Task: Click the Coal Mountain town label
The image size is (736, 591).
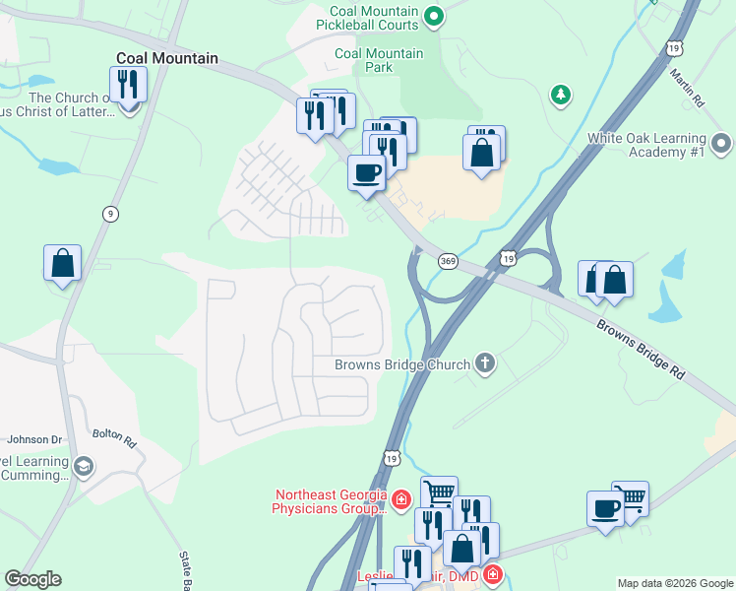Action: tap(166, 58)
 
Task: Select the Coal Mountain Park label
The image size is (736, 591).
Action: tap(379, 60)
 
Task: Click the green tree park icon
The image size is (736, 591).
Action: tap(560, 94)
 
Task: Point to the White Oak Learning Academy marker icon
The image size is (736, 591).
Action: tap(721, 145)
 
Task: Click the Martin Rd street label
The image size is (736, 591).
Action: tap(687, 86)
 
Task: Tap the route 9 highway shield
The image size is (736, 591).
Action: tap(111, 213)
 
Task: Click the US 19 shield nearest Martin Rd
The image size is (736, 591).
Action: tap(673, 46)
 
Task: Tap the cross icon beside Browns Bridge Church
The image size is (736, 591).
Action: tap(483, 364)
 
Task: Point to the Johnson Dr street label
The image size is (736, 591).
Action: tap(34, 439)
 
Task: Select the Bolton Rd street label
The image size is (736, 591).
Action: tap(113, 435)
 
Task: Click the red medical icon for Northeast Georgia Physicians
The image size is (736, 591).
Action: tap(400, 501)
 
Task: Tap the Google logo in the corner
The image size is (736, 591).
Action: tap(32, 579)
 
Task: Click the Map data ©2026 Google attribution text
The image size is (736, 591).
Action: tap(675, 583)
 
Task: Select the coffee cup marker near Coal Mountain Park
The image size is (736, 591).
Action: tap(366, 173)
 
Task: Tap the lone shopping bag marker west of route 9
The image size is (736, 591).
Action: tap(62, 263)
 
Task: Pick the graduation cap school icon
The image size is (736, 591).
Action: tap(84, 465)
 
